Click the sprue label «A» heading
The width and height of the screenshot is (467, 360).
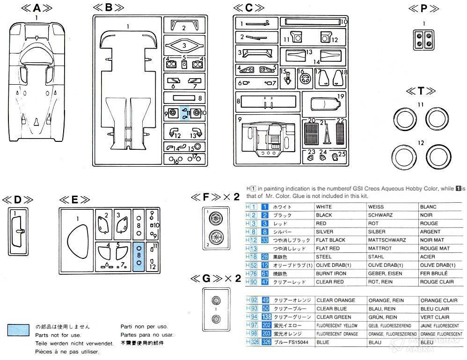(36, 8)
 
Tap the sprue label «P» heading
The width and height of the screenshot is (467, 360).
(424, 8)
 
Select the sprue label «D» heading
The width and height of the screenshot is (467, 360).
(17, 200)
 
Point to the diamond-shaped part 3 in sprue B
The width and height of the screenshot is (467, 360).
(184, 45)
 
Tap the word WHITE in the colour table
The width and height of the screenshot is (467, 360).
(324, 207)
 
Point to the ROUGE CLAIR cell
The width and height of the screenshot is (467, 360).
(437, 282)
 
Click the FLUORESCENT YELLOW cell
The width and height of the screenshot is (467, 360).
(337, 325)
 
